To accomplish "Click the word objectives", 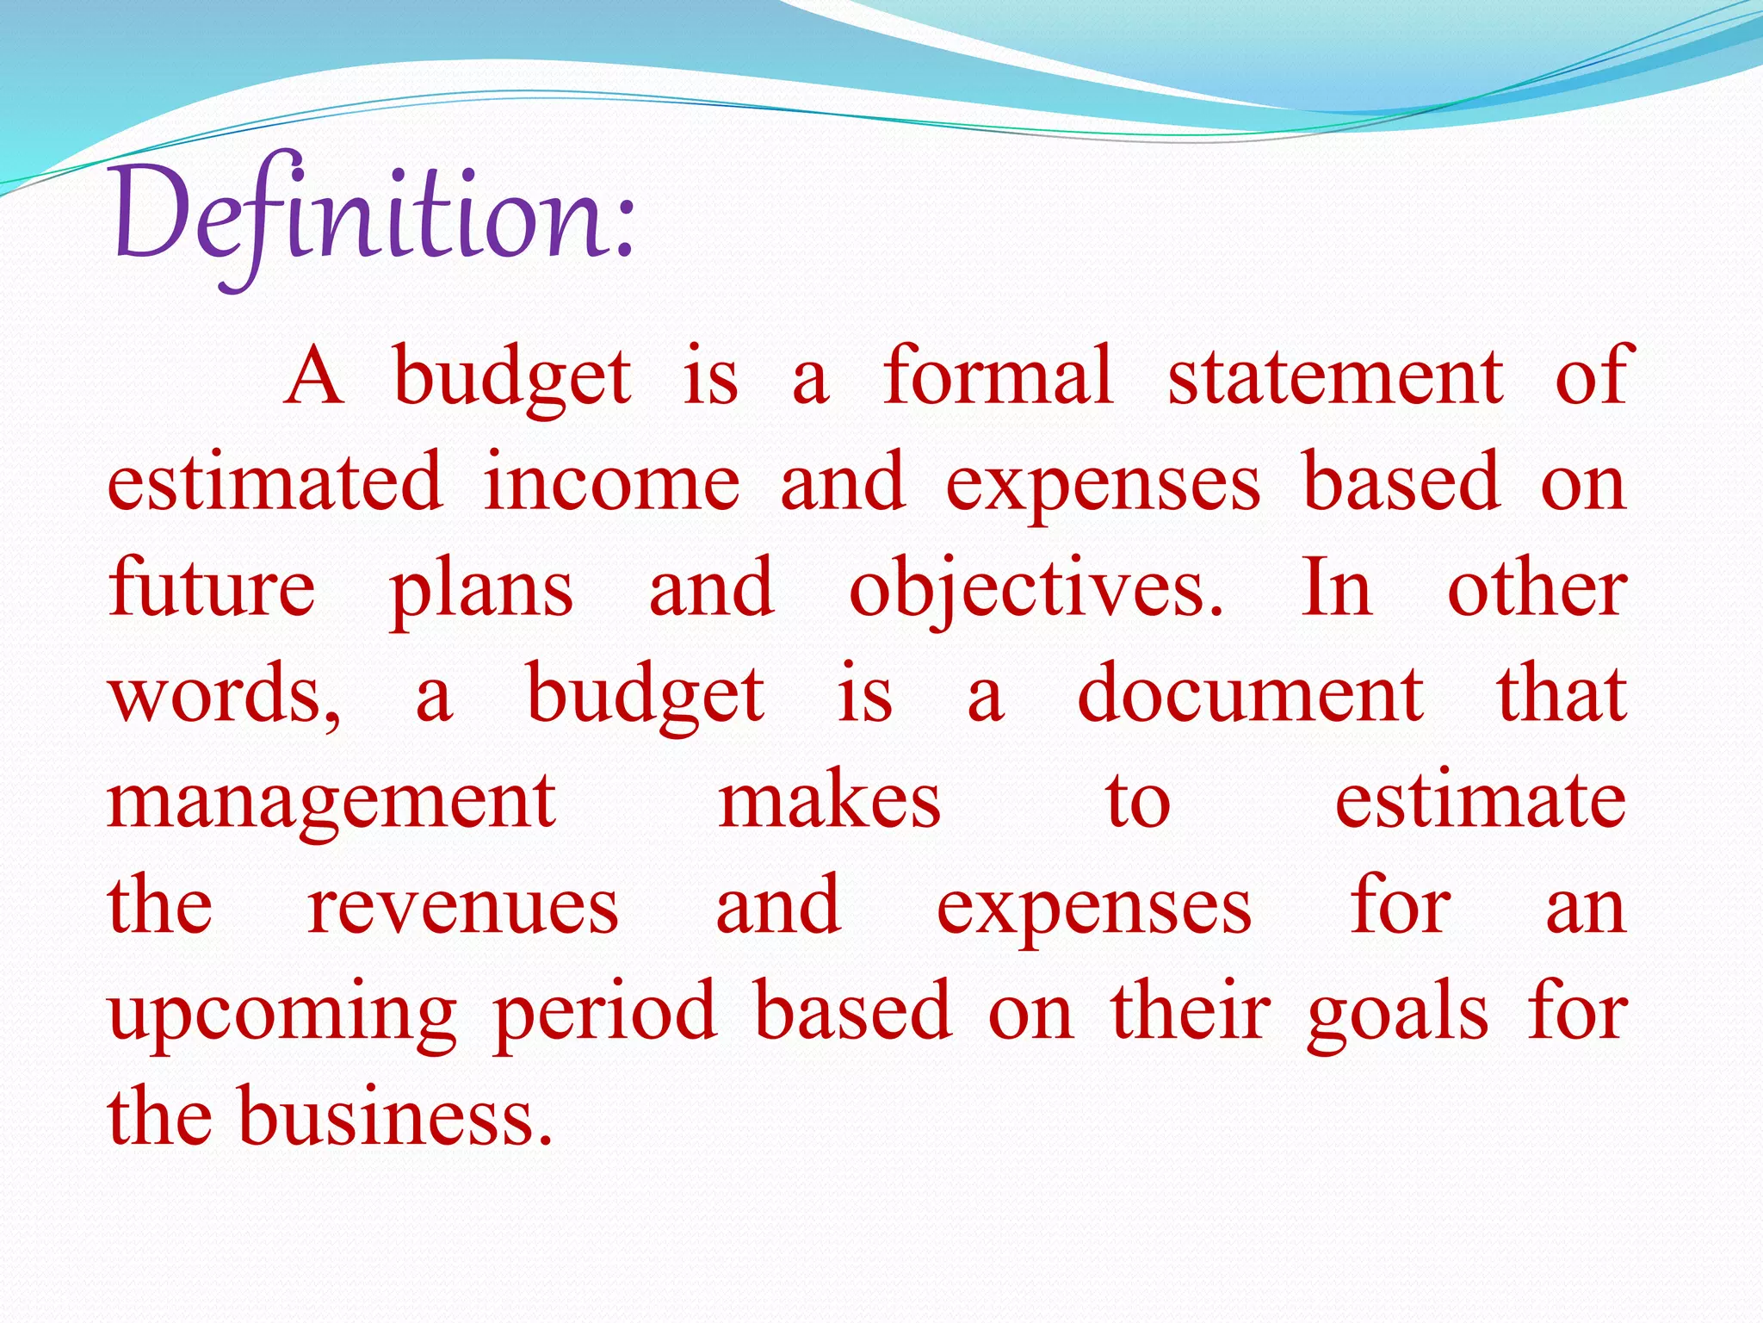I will click(x=1036, y=589).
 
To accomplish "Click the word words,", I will click(x=226, y=696).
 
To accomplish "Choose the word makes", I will click(x=830, y=801).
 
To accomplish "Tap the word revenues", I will click(x=463, y=908).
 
